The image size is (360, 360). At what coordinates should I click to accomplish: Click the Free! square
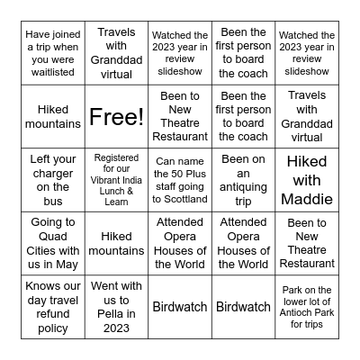[115, 115]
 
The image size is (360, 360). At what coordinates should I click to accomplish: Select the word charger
[53, 172]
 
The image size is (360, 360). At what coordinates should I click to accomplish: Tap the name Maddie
[308, 198]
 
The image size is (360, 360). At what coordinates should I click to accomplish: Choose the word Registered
[116, 157]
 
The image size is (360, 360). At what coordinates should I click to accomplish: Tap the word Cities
[53, 237]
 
